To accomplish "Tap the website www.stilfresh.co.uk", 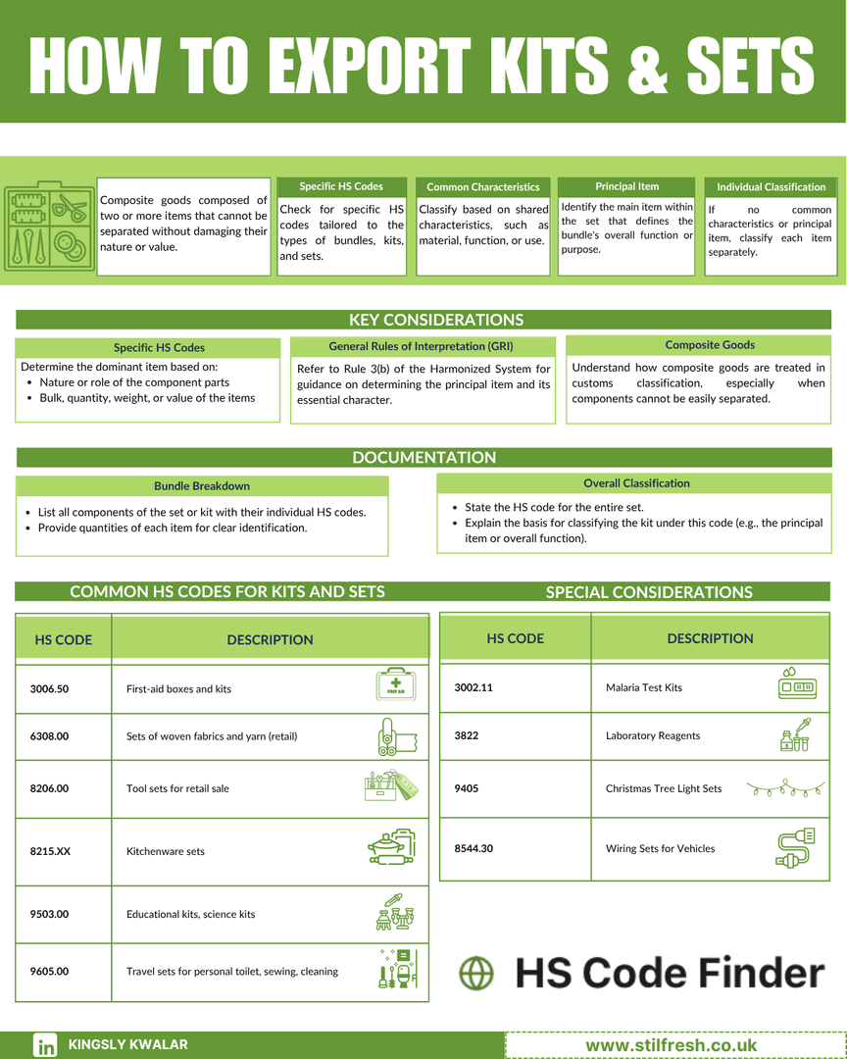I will click(x=672, y=1045).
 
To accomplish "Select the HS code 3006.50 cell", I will click(x=50, y=688).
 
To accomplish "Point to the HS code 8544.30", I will click(x=474, y=848).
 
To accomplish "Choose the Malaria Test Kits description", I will click(x=644, y=687).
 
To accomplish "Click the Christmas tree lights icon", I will click(x=784, y=787).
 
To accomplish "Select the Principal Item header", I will click(x=627, y=186).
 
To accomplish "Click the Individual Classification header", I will click(x=771, y=186).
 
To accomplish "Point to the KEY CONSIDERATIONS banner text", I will click(x=436, y=320).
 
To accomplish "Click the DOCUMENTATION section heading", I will click(x=424, y=457).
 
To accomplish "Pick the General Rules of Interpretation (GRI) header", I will click(x=421, y=346).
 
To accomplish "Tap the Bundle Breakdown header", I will click(x=202, y=485).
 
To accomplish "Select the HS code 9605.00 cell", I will click(x=50, y=972).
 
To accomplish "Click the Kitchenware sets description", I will click(x=166, y=851).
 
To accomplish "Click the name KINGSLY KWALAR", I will click(x=127, y=1045).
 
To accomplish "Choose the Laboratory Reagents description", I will click(x=653, y=735).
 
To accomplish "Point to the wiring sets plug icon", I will click(x=796, y=848).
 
